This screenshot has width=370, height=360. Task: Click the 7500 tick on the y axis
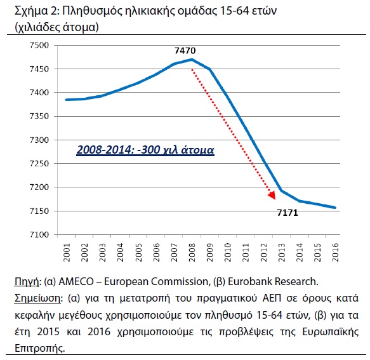pyautogui.click(x=39, y=45)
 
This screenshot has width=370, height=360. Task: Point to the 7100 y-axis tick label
pyautogui.click(x=39, y=235)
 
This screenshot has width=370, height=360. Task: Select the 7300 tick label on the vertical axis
pyautogui.click(x=39, y=140)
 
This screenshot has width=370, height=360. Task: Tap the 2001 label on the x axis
pyautogui.click(x=67, y=252)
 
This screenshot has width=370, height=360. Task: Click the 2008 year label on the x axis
pyautogui.click(x=192, y=252)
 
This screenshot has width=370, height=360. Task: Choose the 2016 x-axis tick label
pyautogui.click(x=335, y=252)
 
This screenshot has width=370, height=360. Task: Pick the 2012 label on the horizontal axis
pyautogui.click(x=263, y=252)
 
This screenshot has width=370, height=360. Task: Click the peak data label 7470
pyautogui.click(x=185, y=51)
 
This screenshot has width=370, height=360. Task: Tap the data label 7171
pyautogui.click(x=287, y=213)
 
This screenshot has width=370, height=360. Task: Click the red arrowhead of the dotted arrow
pyautogui.click(x=272, y=195)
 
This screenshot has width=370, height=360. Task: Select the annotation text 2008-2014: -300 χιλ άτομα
pyautogui.click(x=145, y=150)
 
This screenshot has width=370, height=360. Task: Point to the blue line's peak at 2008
pyautogui.click(x=192, y=60)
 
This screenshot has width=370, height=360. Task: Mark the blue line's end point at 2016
pyautogui.click(x=335, y=208)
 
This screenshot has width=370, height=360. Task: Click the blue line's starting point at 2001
pyautogui.click(x=67, y=100)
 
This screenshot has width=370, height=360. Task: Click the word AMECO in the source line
pyautogui.click(x=76, y=282)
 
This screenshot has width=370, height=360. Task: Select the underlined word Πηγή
pyautogui.click(x=27, y=282)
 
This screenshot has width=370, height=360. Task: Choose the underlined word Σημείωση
pyautogui.click(x=37, y=298)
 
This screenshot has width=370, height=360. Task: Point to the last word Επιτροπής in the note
pyautogui.click(x=39, y=349)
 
